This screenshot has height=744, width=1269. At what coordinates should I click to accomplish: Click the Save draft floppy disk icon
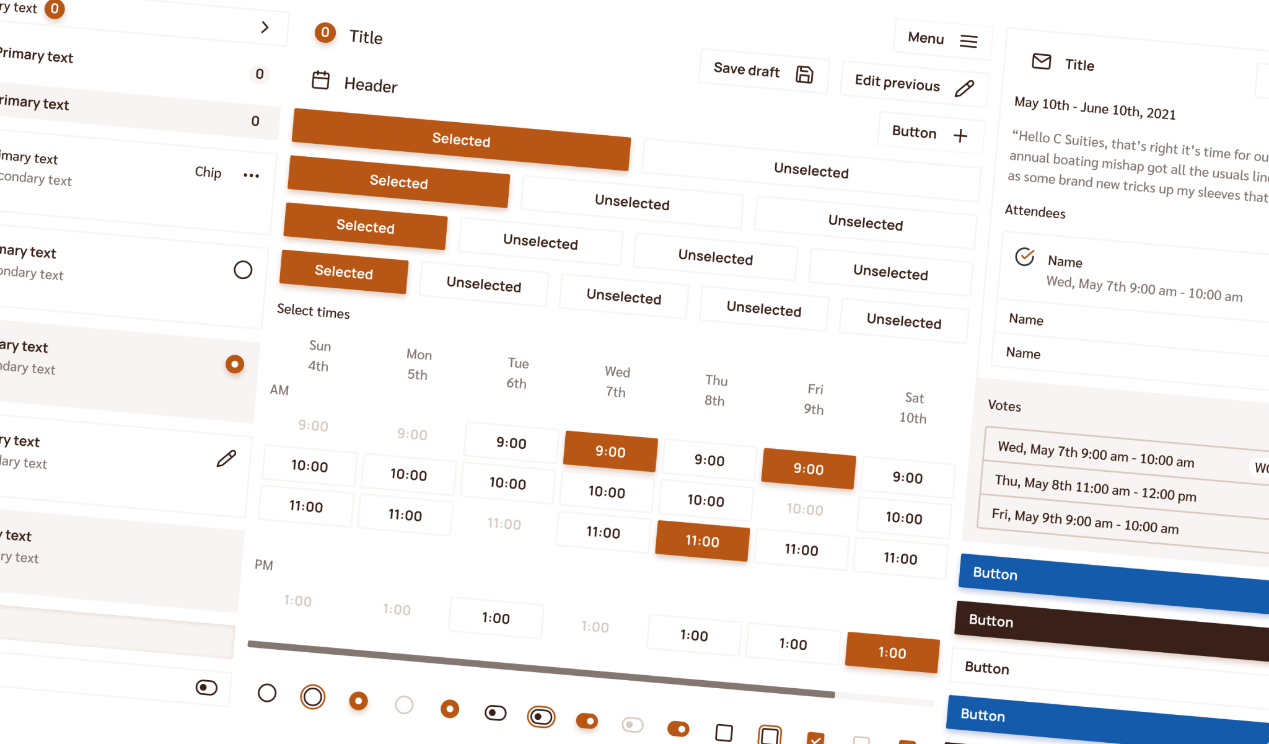[x=804, y=74]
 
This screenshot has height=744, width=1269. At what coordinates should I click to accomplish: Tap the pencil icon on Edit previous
[x=964, y=89]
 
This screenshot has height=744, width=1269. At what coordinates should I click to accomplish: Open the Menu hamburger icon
[x=968, y=41]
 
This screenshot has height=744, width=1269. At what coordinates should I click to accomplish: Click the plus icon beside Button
[x=960, y=136]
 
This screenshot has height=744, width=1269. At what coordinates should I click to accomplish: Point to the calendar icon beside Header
[x=320, y=80]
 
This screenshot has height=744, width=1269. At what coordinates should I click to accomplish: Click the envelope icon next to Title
[x=1042, y=61]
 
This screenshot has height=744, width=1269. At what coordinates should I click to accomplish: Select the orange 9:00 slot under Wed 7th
[x=610, y=451]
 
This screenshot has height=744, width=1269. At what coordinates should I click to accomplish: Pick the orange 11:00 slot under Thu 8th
[x=702, y=541]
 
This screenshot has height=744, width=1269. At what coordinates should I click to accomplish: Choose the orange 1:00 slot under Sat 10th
[x=892, y=652]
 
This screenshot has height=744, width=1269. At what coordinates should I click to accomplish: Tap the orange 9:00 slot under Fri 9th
[x=809, y=469]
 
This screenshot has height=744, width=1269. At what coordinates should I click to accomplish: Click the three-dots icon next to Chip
[x=251, y=175]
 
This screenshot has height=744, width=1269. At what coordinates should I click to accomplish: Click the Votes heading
[x=1004, y=405]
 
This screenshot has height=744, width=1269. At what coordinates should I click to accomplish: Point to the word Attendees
[x=1035, y=212]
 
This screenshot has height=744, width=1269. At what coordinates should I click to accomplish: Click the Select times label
[x=313, y=311]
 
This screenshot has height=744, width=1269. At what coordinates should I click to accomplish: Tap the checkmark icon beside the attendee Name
[x=1025, y=256]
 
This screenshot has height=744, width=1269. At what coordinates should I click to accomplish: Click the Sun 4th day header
[x=319, y=356]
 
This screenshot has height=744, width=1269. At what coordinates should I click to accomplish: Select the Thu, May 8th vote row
[x=1096, y=489]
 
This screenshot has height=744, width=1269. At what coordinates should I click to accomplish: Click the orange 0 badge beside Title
[x=325, y=32]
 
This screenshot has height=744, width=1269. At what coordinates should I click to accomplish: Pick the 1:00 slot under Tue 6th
[x=496, y=618]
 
